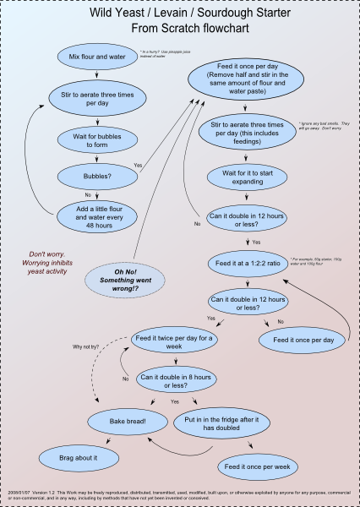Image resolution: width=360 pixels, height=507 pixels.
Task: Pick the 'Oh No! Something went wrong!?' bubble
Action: point(137,276)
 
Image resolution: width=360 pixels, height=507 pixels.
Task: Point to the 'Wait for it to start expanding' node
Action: point(249,177)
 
